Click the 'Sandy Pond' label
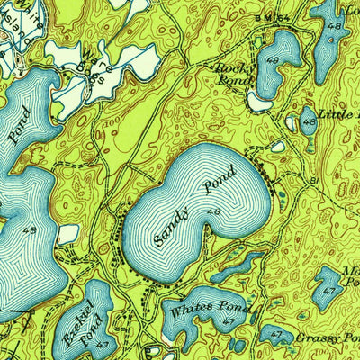pos(193,206)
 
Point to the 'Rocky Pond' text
pos(232,72)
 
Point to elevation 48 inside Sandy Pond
pos(213,211)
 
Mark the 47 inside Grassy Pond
pos(275,336)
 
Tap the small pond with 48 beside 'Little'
pos(309,121)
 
